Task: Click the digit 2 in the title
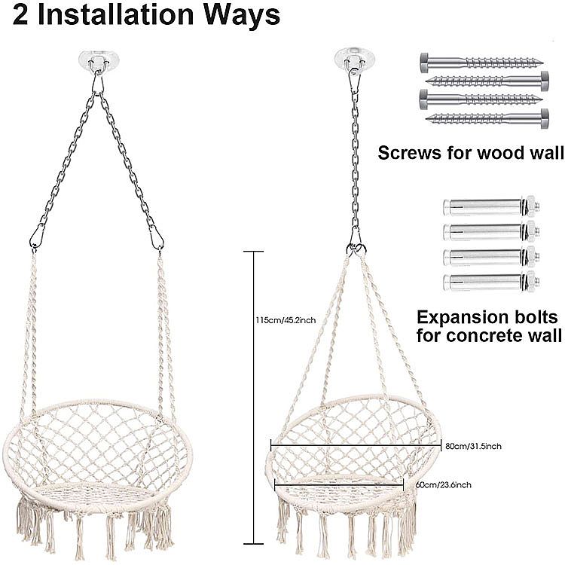(x=20, y=15)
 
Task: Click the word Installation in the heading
(x=115, y=15)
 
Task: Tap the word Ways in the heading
(x=241, y=17)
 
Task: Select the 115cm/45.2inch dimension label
(x=286, y=320)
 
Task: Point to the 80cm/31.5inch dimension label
(x=474, y=446)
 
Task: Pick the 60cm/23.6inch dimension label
(x=443, y=484)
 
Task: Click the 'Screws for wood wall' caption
(x=471, y=152)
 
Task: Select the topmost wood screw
(x=482, y=62)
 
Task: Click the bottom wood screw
(x=487, y=118)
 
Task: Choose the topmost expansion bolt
(x=491, y=206)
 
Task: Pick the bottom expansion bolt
(x=491, y=282)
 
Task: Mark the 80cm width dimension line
(x=356, y=445)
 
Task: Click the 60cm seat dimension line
(x=339, y=484)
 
